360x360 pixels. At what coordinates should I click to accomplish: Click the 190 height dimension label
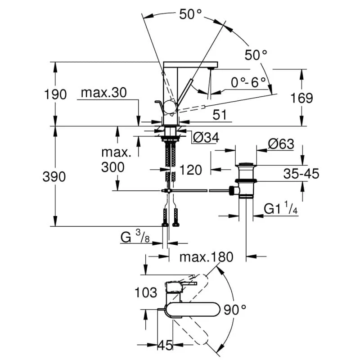pos(56,95)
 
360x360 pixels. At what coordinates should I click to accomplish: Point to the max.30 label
pos(104,93)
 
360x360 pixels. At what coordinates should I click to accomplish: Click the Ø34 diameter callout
pos(206,138)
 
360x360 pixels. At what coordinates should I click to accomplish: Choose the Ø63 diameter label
pos(281,144)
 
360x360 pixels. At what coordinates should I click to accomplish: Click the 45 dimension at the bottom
pos(166,346)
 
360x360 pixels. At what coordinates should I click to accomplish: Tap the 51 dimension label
pos(219,115)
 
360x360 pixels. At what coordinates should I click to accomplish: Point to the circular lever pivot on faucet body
pos(170,107)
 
